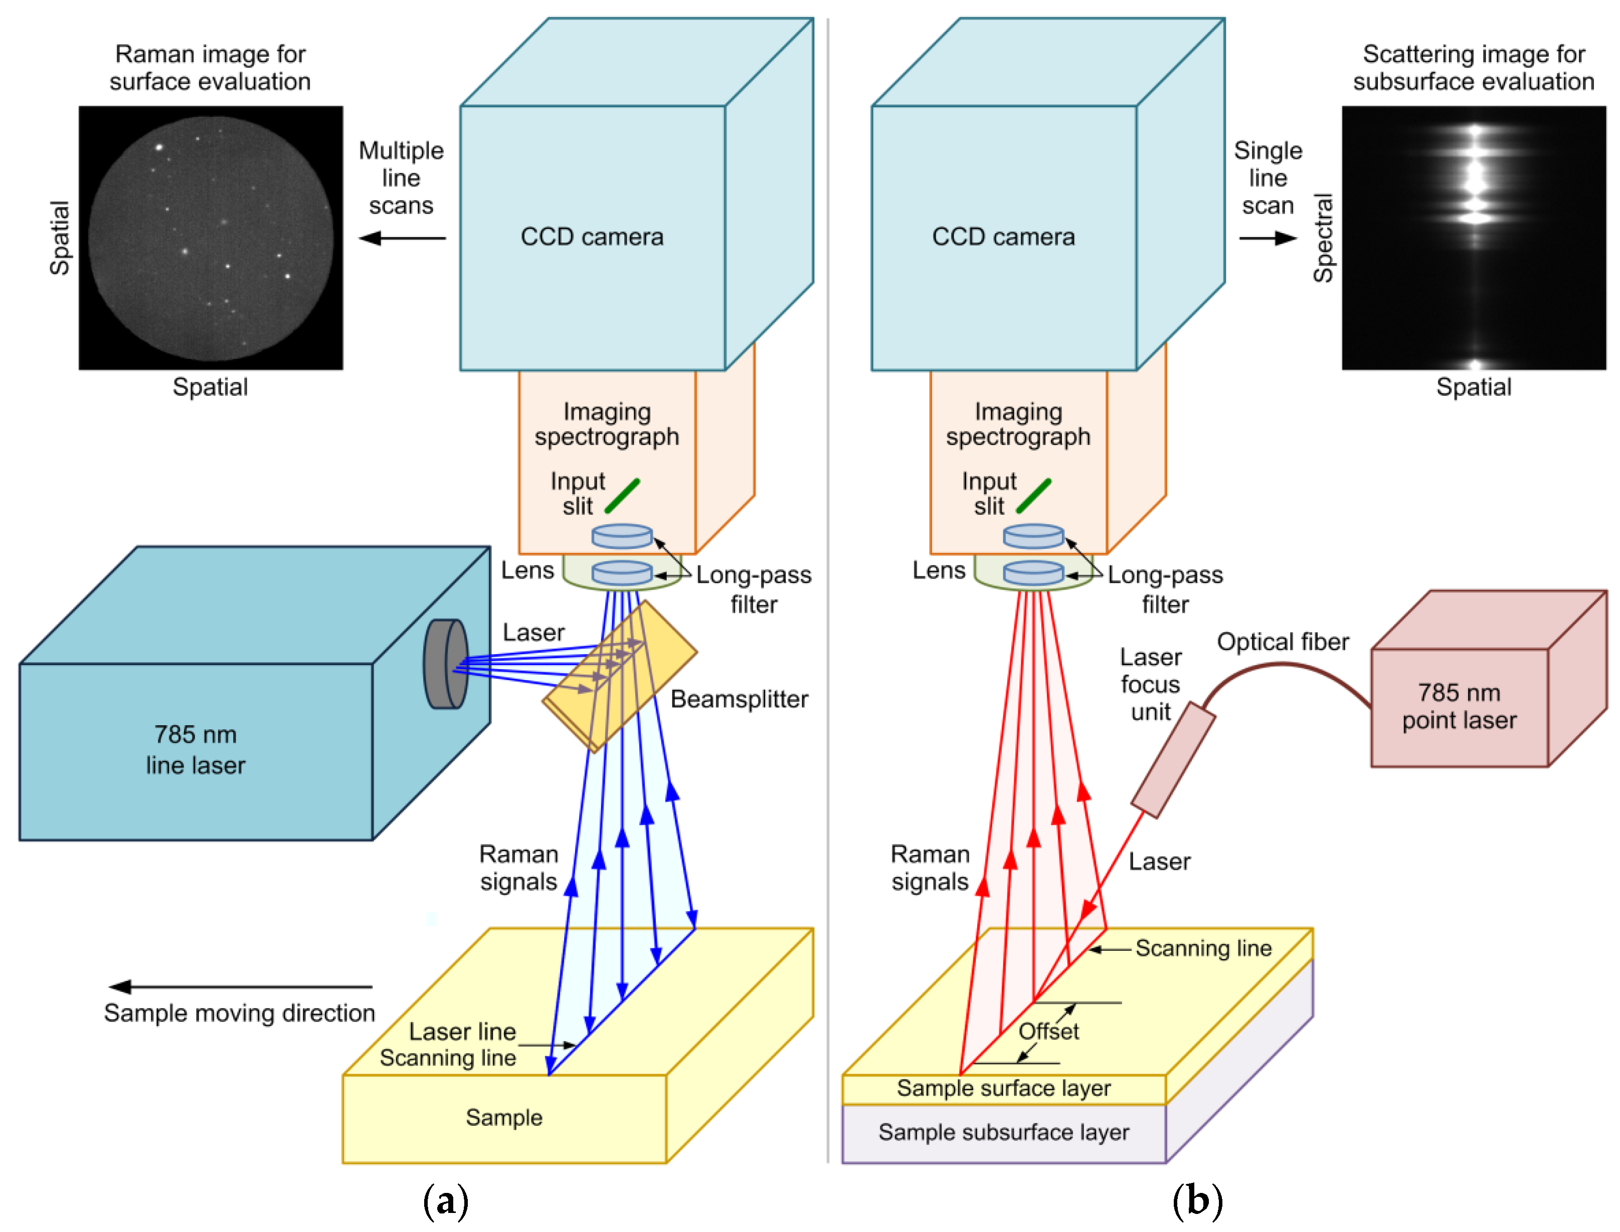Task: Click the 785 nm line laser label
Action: click(195, 749)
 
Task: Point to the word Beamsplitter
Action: click(739, 699)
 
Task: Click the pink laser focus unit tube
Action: click(1172, 760)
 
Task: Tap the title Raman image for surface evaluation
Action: click(210, 68)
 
